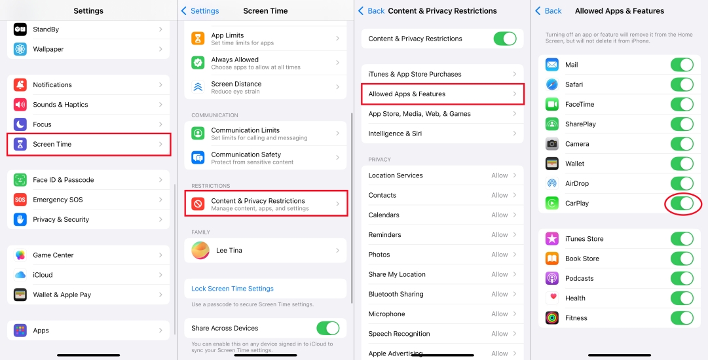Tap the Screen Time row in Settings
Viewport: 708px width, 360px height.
tap(88, 145)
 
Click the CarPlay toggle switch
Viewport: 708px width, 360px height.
tap(682, 204)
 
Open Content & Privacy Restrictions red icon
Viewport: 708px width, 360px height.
tap(198, 204)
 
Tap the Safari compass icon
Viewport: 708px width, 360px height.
tap(551, 84)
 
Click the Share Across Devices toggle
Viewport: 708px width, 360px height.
tap(328, 328)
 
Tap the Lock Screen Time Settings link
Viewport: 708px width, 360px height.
tap(233, 289)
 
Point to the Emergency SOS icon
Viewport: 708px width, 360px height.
tap(20, 200)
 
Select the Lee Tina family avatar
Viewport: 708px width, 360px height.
tap(200, 251)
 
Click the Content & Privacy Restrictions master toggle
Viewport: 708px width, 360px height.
tap(505, 39)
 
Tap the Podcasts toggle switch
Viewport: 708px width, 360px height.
tap(682, 278)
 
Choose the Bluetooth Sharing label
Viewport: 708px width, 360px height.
tap(396, 294)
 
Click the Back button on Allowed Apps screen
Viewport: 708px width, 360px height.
tap(549, 11)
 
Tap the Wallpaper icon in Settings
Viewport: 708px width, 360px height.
tap(20, 49)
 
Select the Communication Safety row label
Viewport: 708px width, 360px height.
tap(246, 154)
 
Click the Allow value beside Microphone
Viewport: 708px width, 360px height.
tap(499, 314)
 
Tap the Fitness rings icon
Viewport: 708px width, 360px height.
tap(551, 318)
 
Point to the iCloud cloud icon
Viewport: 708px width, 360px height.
tap(20, 275)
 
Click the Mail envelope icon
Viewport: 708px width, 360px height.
tap(551, 65)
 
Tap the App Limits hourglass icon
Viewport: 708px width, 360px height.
tap(198, 39)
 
